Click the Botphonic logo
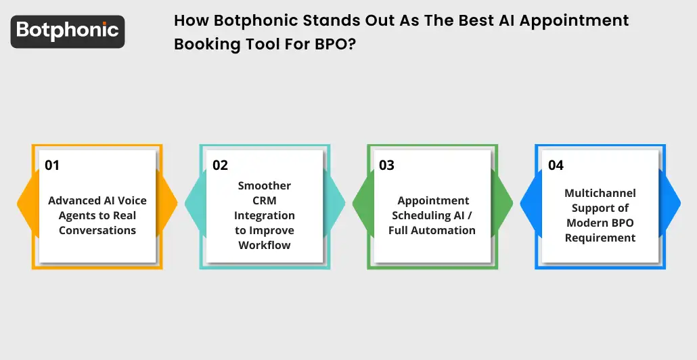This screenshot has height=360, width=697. point(68,30)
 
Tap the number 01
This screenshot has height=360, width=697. point(52,165)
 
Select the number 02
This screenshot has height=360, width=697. point(220,165)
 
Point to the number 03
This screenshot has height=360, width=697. point(386,165)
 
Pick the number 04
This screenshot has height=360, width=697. point(556,165)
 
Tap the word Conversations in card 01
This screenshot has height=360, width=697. point(97,231)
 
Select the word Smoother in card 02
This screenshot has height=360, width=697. point(265,186)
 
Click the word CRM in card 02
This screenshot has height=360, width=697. point(265,201)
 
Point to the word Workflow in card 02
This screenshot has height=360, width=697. point(265,246)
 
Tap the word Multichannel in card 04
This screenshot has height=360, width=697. point(600,194)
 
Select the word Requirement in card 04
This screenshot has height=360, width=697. point(600,238)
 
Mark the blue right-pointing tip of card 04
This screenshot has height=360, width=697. point(675,202)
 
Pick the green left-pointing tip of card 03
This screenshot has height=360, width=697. point(359,202)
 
